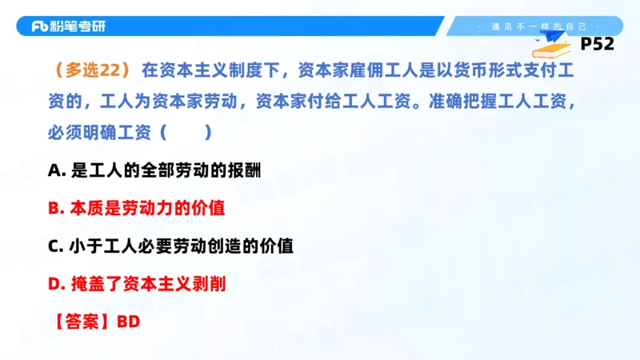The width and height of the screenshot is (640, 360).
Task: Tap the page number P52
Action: (597, 44)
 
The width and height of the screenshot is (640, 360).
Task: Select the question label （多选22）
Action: (92, 70)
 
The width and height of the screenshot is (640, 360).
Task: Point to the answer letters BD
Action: (129, 322)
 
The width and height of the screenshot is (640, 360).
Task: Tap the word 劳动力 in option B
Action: (157, 208)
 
